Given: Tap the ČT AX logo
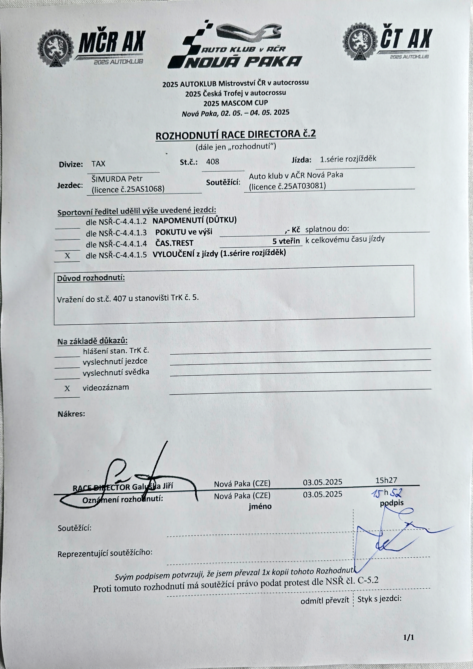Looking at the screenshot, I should pos(387,42).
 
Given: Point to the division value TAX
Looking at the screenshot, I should pos(98,164).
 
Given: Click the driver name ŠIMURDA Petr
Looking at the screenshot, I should pos(117,179).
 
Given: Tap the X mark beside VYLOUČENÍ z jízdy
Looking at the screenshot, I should pos(67,256).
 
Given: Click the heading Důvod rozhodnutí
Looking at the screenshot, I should pos(91,278).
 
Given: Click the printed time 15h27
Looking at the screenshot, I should pos(386,480).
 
